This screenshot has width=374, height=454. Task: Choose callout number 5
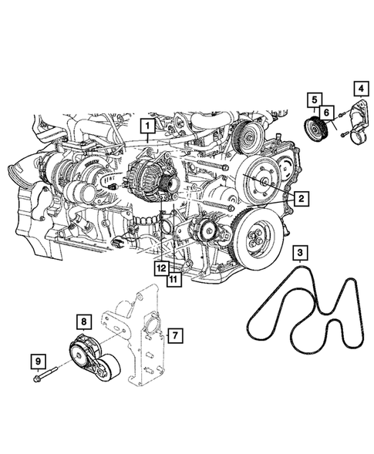click(x=314, y=99)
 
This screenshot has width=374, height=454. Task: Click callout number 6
click(x=327, y=113)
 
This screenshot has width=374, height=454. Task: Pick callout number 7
click(x=175, y=335)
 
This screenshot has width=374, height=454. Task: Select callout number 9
click(x=37, y=359)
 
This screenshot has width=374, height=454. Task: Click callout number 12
click(x=160, y=267)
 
